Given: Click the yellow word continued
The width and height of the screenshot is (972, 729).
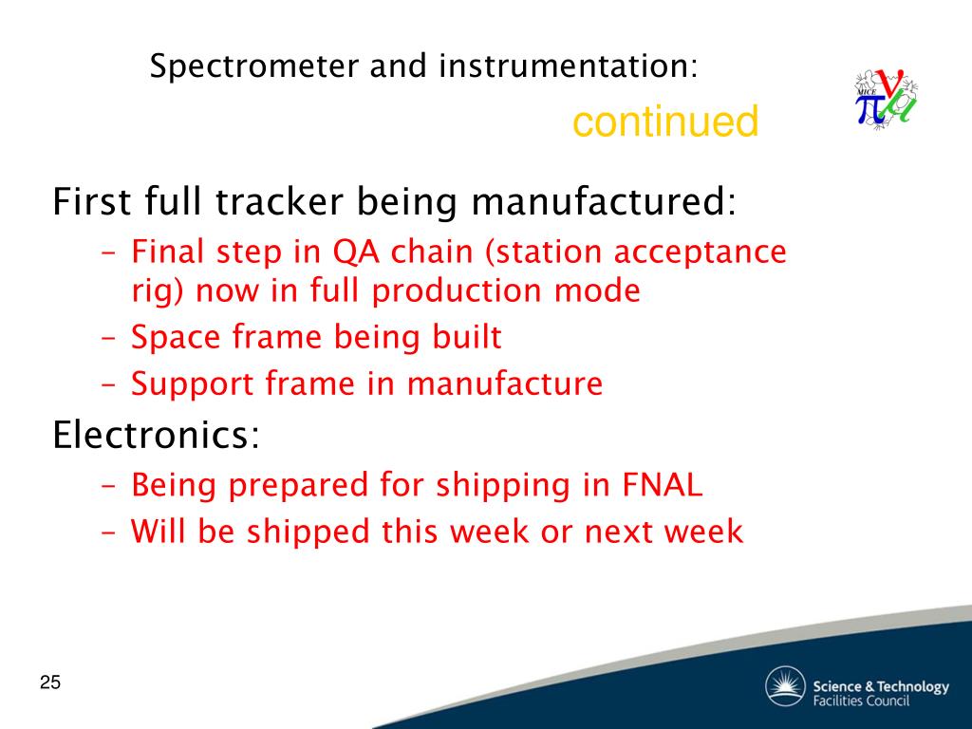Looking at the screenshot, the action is coord(665,121).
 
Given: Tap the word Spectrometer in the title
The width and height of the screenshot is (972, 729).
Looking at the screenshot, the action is coord(254,67).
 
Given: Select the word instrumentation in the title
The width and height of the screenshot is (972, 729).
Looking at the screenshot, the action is coord(568,65).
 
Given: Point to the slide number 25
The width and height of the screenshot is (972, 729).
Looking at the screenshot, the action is coord(50,682).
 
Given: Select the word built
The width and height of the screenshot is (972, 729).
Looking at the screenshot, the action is coord(467,337).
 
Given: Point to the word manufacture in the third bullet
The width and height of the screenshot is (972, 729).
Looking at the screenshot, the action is coord(505,383).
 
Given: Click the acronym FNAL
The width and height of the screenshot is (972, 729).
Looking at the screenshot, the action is coord(662,485).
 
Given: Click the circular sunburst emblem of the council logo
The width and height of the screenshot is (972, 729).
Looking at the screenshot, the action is coord(785,687).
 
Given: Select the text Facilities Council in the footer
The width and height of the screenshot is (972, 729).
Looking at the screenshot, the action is coord(861,701).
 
